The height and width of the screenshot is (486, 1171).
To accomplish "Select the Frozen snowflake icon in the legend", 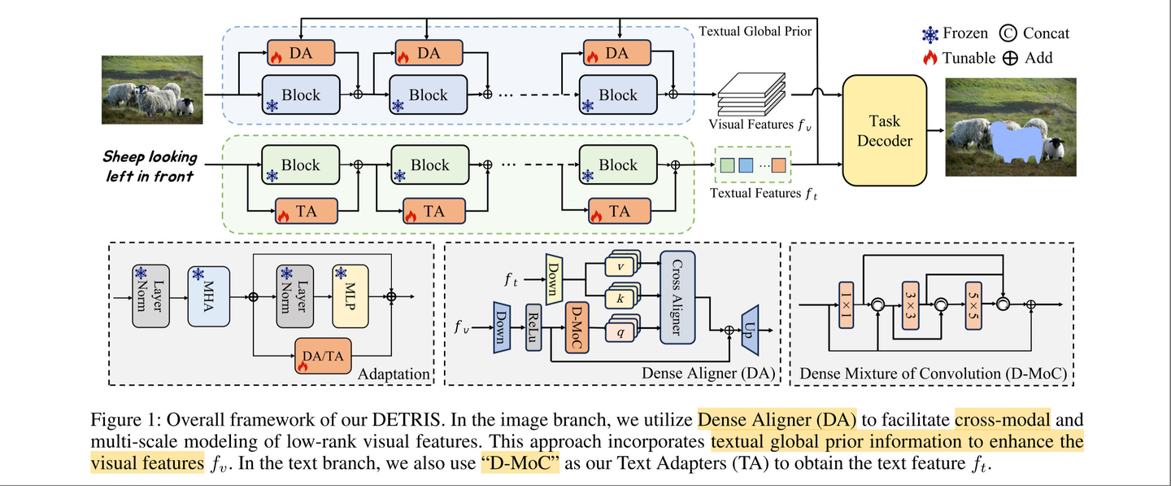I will tap(929, 33).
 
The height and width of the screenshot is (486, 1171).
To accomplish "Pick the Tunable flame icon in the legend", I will tap(929, 58).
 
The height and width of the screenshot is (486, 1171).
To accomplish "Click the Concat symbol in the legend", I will tap(1008, 33).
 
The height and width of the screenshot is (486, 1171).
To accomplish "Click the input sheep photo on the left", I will tap(152, 90).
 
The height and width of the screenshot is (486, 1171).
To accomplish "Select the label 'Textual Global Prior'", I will tap(755, 31).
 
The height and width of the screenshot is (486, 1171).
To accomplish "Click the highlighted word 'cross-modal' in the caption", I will tap(1003, 420).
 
